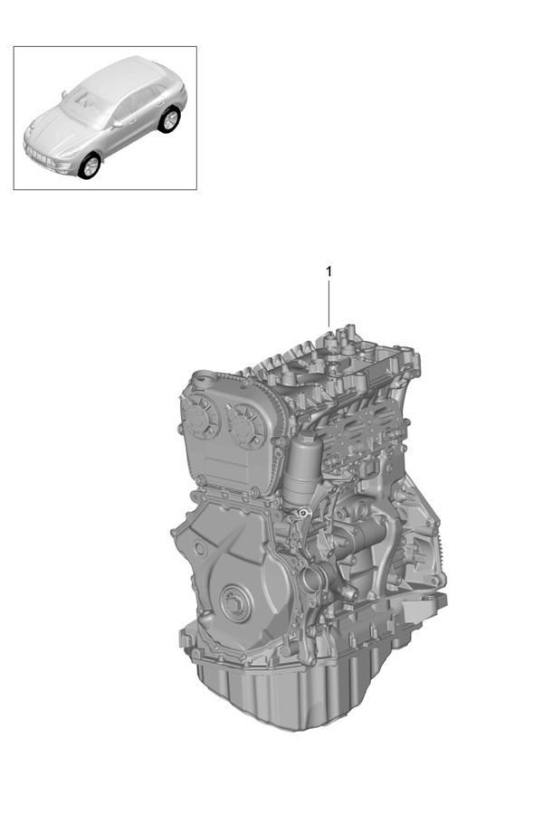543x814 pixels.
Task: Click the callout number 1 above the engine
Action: coord(329,271)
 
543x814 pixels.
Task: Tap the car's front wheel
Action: coord(90,166)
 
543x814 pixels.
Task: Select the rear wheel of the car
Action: coord(169,119)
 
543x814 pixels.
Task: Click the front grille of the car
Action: coord(41,156)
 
